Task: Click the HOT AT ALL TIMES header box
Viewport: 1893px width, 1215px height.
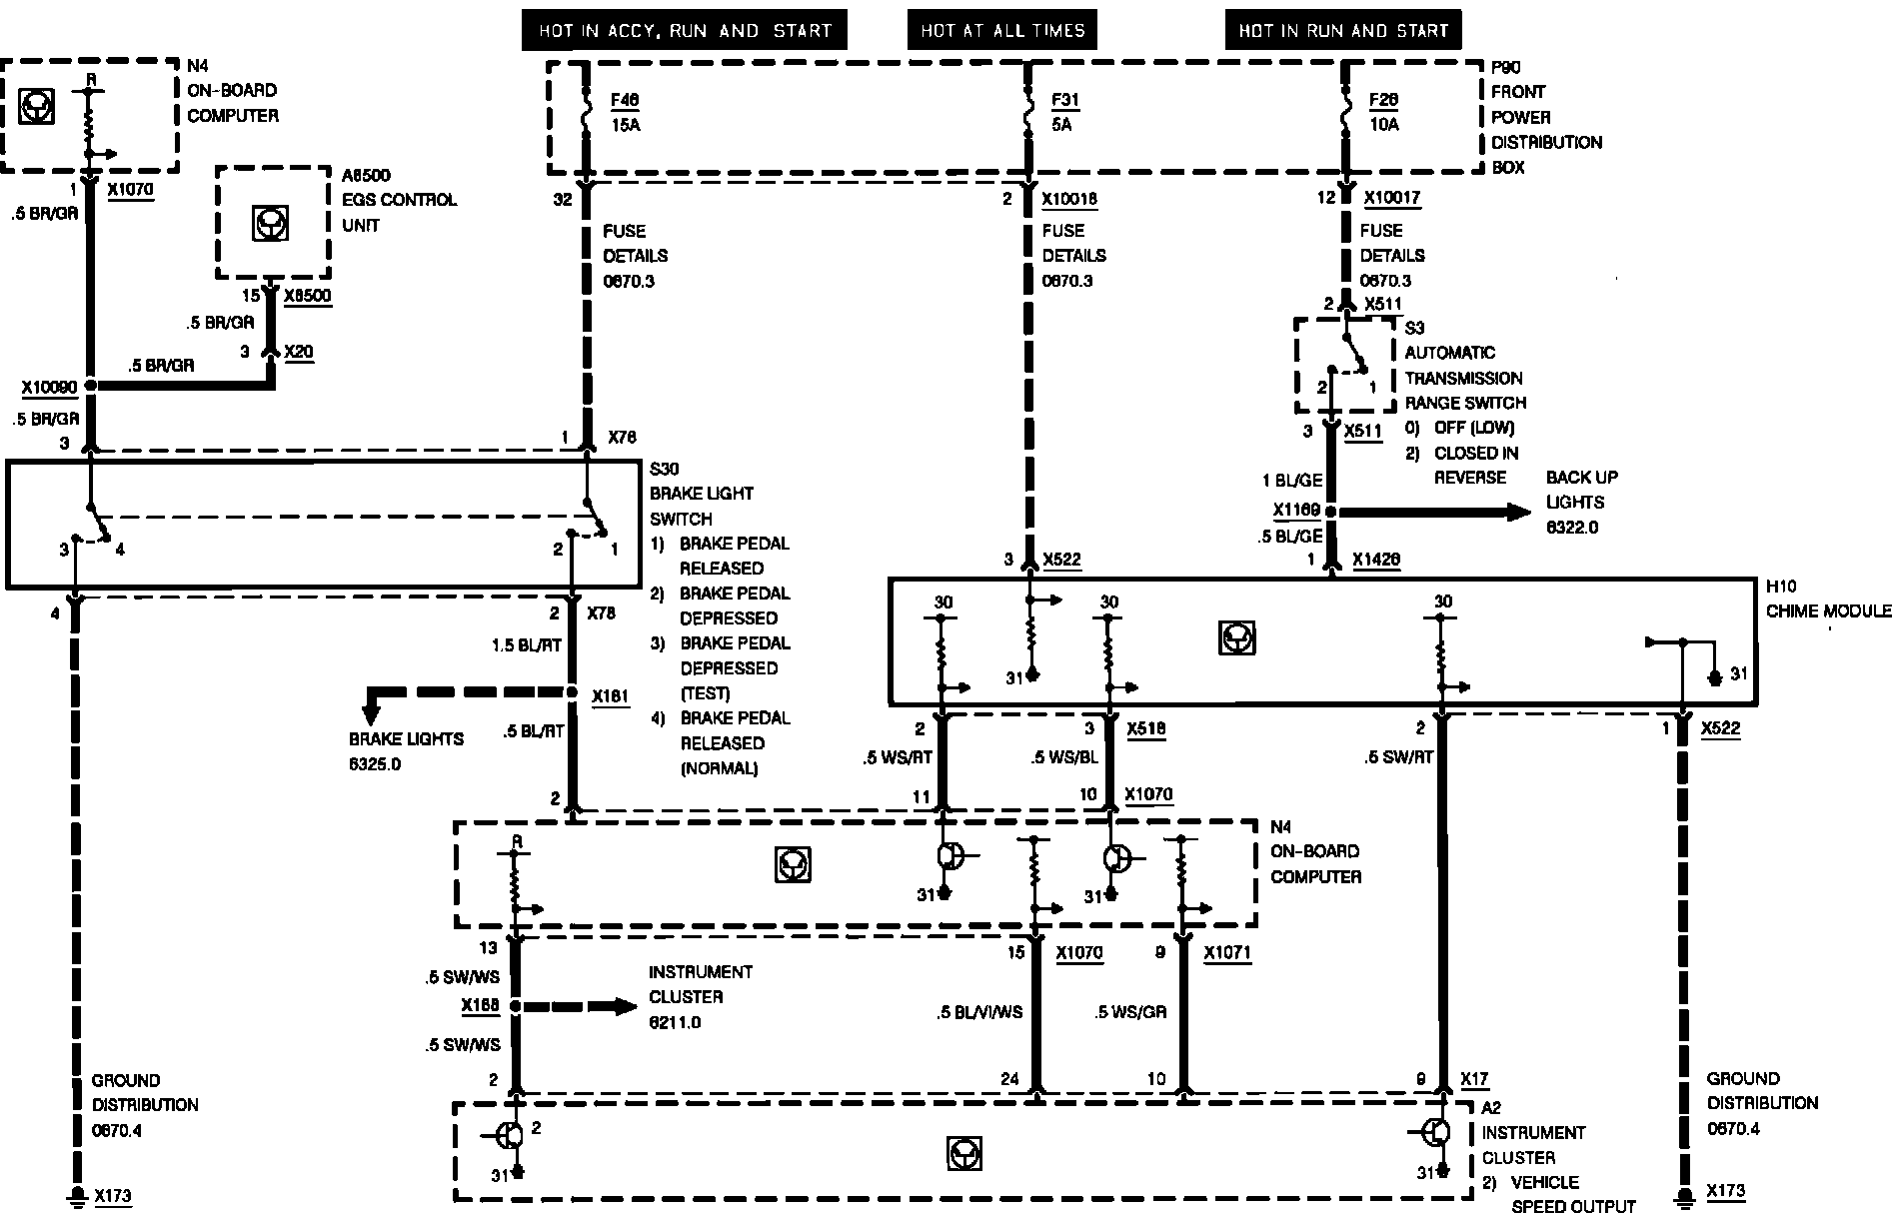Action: [x=1002, y=31]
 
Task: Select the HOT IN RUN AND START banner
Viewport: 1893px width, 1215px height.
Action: [x=1343, y=31]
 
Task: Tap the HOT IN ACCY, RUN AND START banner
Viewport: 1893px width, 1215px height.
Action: [x=685, y=31]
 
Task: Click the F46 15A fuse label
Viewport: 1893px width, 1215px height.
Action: [x=626, y=112]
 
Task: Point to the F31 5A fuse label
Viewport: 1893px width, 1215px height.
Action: [x=1065, y=112]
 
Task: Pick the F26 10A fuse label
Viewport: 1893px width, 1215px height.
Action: [x=1384, y=112]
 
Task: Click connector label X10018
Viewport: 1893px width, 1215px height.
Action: [x=1069, y=199]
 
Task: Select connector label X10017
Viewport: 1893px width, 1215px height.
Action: [x=1392, y=198]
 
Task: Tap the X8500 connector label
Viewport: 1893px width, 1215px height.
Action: [x=307, y=296]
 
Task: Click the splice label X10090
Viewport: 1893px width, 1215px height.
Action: [x=50, y=387]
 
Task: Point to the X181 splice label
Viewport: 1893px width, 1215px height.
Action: [x=610, y=695]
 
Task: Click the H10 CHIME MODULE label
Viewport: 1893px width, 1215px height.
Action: [x=1827, y=600]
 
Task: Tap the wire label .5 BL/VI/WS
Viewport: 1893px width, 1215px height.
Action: [x=979, y=1012]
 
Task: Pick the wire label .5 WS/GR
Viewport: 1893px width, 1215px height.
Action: [x=1130, y=1012]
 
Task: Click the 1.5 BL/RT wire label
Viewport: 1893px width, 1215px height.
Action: [x=527, y=645]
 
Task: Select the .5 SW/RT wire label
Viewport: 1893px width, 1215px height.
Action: [x=1398, y=757]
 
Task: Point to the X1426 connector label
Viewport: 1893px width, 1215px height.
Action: [x=1376, y=561]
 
